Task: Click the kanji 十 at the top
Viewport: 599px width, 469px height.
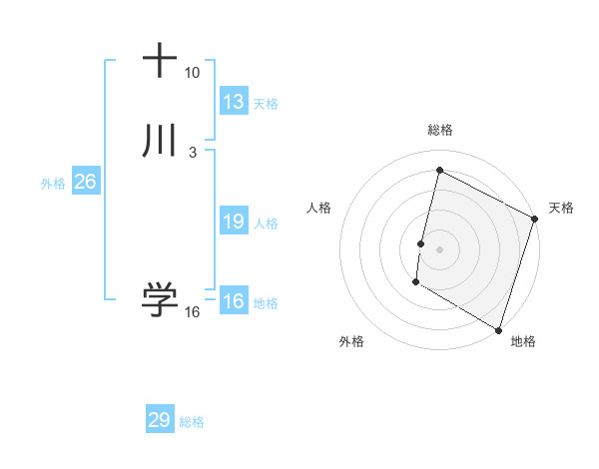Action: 160,61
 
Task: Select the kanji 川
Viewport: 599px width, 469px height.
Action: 160,141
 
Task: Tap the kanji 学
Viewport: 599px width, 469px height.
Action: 160,299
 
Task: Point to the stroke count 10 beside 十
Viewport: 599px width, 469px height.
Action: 192,73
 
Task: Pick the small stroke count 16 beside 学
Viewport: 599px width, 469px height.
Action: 192,312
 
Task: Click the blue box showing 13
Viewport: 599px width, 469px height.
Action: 234,101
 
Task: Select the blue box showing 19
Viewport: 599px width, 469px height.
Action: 234,222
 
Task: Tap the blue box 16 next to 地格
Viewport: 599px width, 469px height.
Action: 234,301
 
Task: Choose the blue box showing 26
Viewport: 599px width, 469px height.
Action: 85,182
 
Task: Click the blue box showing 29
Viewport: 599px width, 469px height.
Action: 160,420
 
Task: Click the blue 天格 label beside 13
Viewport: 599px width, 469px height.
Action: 266,103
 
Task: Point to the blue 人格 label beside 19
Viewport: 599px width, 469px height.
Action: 266,224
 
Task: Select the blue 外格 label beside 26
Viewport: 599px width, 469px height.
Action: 53,184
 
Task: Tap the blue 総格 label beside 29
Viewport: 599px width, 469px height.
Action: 192,422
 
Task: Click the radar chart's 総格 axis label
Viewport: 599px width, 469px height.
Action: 440,130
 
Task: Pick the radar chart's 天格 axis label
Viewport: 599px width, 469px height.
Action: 561,208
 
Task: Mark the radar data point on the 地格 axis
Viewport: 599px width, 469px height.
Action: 498,328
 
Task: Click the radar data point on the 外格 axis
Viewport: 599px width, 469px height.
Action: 415,283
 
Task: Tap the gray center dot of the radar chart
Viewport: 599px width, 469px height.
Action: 440,248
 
